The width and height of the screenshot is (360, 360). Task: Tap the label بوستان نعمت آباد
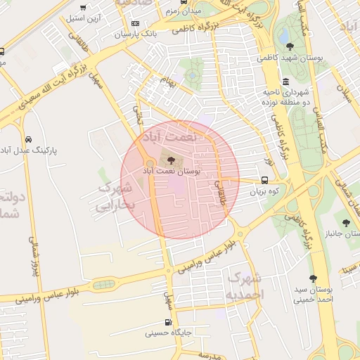coord(172,171)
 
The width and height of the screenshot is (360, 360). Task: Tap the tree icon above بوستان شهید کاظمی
coord(290,46)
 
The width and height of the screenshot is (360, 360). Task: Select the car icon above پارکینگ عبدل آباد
coord(28,139)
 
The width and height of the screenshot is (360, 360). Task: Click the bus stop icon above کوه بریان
coord(264,180)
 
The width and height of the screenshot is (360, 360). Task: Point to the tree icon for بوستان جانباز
coord(346,223)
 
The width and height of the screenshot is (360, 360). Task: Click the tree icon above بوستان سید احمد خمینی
coord(314,278)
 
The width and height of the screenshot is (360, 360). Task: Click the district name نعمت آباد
coord(169,136)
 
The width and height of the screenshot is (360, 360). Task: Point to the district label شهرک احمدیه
coord(245,283)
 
